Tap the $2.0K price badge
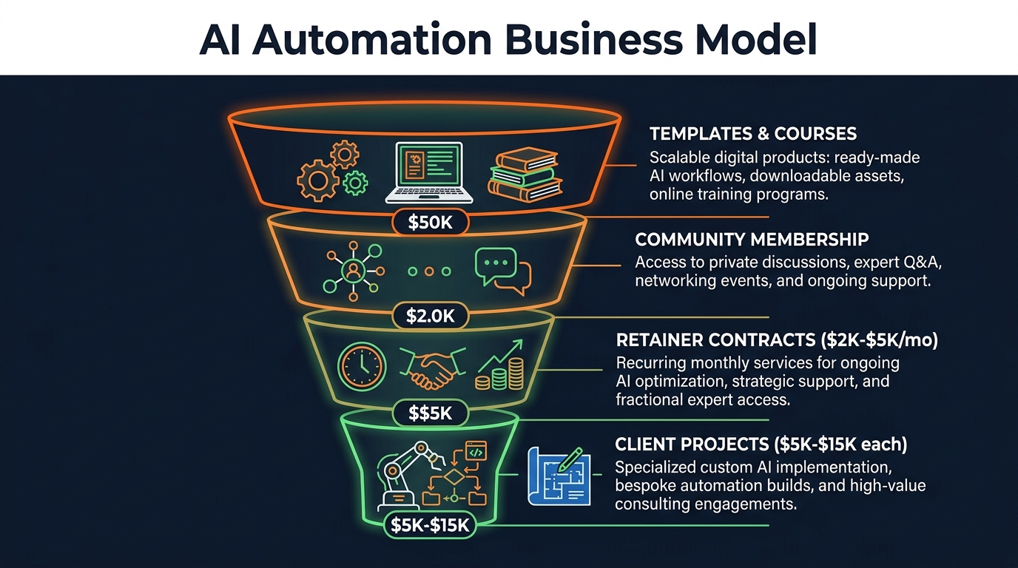pos(430,317)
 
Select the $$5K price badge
pos(430,413)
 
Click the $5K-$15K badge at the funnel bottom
pos(431,526)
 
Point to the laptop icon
pos(429,173)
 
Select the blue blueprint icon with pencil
pos(559,476)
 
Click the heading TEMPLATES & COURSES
pos(753,134)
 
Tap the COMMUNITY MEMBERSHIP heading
pos(752,240)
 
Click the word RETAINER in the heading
pos(661,340)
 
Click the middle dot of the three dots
pos(430,271)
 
